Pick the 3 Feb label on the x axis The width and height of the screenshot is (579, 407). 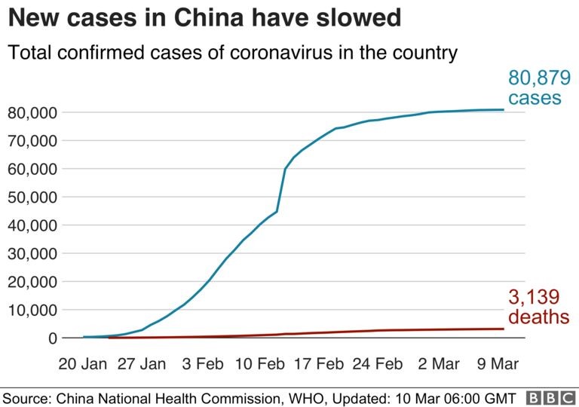click(x=202, y=363)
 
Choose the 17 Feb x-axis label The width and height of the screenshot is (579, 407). click(x=318, y=363)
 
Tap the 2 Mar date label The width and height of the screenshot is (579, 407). click(x=438, y=363)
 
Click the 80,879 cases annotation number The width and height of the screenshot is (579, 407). click(x=539, y=78)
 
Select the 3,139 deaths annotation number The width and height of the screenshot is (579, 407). click(x=534, y=297)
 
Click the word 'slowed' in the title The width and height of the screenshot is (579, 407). click(x=356, y=18)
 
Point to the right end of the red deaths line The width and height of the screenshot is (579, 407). click(x=503, y=329)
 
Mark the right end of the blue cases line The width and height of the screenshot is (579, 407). click(x=503, y=110)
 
